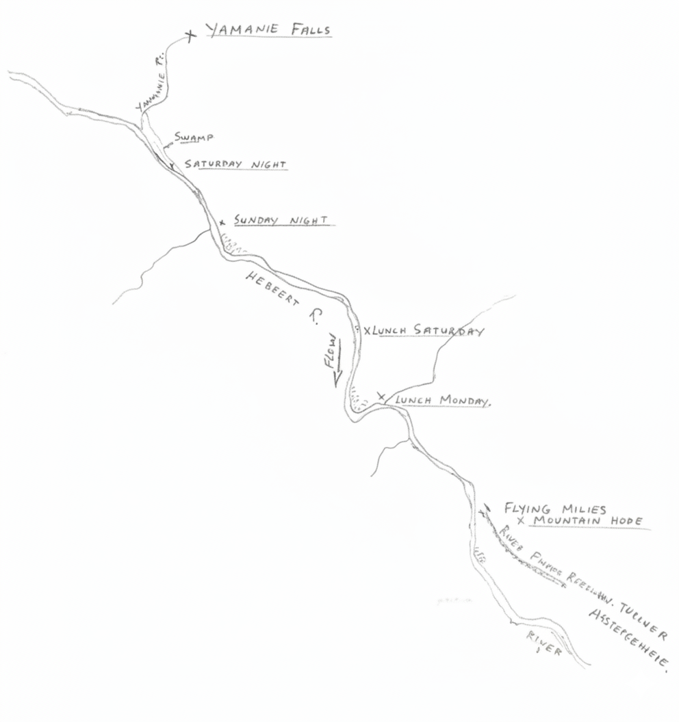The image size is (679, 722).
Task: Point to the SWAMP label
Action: click(194, 137)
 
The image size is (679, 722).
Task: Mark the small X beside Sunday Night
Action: click(222, 222)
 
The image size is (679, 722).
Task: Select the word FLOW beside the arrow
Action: click(331, 351)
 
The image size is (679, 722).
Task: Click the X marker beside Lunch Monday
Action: click(381, 396)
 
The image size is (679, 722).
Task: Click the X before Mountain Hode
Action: click(521, 521)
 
